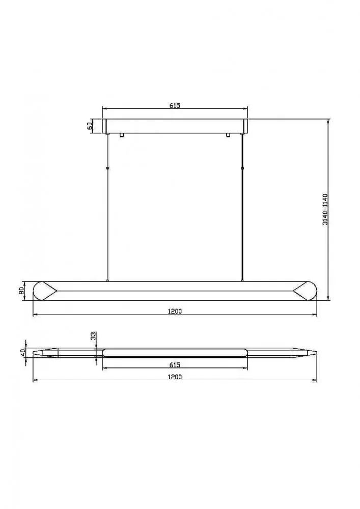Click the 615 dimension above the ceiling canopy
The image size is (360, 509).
point(175,105)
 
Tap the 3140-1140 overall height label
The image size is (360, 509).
point(325,209)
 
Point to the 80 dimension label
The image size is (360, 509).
point(21,291)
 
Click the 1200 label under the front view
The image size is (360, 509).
point(175,312)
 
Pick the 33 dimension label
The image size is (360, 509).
point(93,336)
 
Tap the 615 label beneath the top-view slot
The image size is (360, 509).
point(175,364)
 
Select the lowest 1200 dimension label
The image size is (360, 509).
point(175,377)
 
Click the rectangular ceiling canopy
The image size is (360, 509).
point(175,126)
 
